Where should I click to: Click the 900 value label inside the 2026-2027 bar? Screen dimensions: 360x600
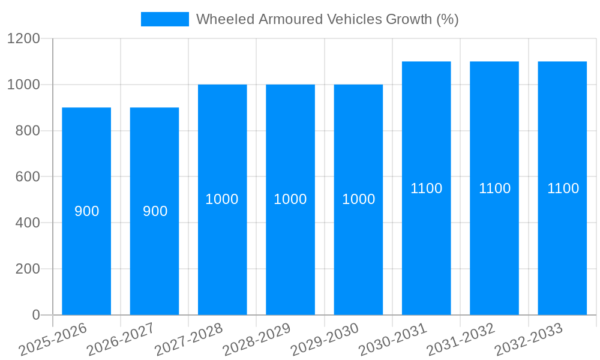tap(155, 211)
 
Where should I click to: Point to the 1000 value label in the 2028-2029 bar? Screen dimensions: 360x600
tap(290, 199)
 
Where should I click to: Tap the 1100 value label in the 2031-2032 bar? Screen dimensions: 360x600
tap(494, 188)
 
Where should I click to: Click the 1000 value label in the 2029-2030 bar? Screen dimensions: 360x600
tap(358, 199)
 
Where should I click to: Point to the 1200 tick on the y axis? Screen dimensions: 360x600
tap(23, 39)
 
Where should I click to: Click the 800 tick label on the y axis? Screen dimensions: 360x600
tap(27, 131)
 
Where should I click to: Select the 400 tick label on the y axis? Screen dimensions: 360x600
tap(27, 223)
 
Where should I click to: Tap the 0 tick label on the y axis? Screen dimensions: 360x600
tap(35, 315)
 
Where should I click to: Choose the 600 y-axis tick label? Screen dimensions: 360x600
tap(27, 177)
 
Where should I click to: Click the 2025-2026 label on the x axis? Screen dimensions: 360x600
tap(54, 339)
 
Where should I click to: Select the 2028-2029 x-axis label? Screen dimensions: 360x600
tap(257, 339)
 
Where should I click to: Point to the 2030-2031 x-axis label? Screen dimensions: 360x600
tap(394, 339)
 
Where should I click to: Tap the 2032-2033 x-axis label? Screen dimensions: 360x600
tap(529, 339)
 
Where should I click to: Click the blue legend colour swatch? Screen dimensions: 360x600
tap(164, 19)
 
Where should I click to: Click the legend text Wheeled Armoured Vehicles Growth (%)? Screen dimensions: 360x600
tap(327, 19)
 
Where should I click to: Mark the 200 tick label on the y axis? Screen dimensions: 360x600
tap(27, 269)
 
